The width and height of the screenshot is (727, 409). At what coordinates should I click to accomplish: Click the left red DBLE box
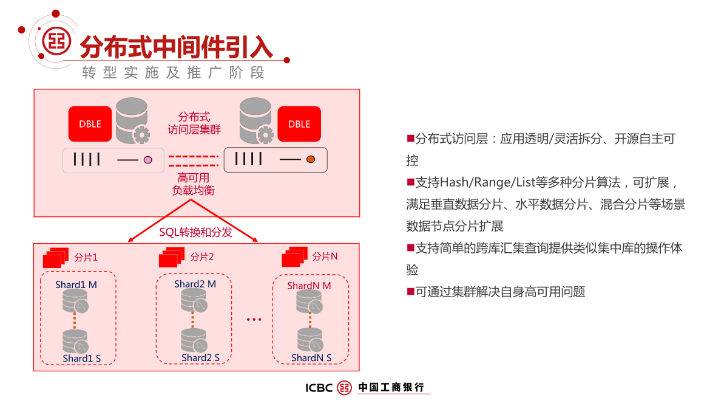[x=90, y=124]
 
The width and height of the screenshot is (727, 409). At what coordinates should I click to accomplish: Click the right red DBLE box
[x=299, y=124]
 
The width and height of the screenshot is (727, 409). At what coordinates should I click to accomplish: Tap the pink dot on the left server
[x=147, y=160]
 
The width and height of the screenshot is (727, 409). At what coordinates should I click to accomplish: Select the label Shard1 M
[x=76, y=284]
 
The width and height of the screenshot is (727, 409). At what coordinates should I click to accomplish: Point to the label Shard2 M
[x=195, y=284]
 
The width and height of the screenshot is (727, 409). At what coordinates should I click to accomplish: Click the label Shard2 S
[x=200, y=357]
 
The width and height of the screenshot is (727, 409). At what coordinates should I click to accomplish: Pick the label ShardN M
[x=309, y=285]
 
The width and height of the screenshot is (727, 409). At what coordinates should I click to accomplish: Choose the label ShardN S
[x=311, y=358]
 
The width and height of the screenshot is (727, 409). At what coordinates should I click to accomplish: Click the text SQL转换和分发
[x=195, y=232]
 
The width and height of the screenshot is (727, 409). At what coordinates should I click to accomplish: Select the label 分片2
[x=202, y=256]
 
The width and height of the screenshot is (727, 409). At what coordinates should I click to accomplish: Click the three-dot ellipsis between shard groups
[x=254, y=319]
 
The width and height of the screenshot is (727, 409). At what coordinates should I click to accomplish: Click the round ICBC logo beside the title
[x=57, y=41]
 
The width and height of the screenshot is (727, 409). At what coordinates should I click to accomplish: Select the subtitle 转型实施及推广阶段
[x=174, y=73]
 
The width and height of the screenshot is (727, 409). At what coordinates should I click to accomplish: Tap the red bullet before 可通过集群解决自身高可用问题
[x=410, y=291]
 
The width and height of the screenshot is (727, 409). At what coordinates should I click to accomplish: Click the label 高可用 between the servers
[x=193, y=178]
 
